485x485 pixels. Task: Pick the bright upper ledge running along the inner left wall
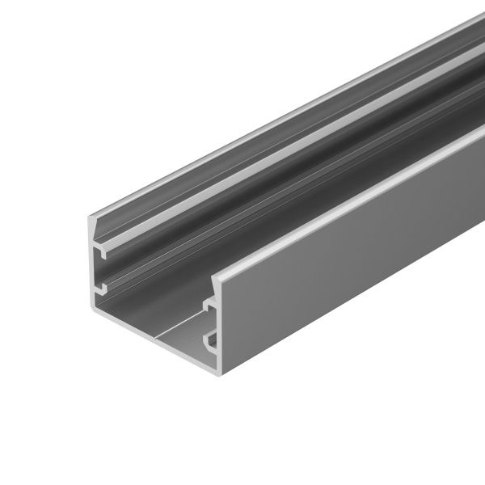click(242, 174)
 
